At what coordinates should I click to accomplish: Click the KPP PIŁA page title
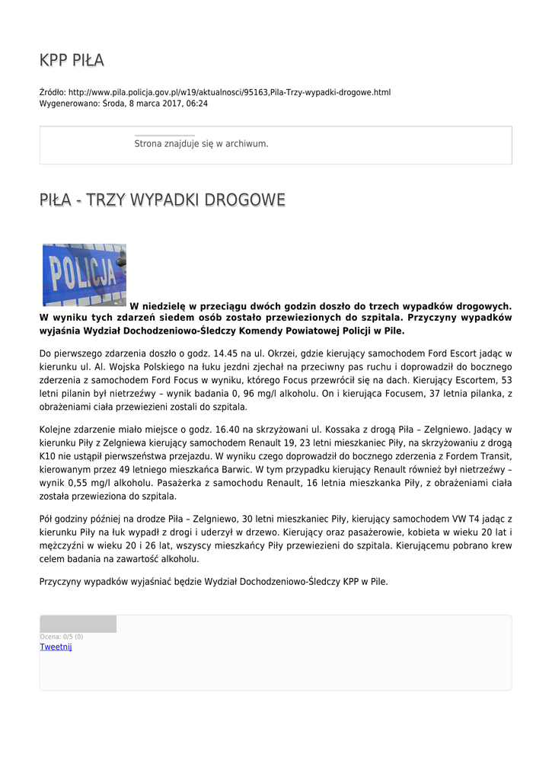pos(72,60)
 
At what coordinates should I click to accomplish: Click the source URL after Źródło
pos(229,92)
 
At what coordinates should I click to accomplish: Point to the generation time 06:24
pos(196,104)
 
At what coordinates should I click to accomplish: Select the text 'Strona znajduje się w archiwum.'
pos(201,143)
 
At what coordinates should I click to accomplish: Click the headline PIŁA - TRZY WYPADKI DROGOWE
pos(162,200)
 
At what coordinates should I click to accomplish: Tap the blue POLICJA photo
pos(84,274)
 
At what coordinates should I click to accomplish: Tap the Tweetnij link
pos(56,647)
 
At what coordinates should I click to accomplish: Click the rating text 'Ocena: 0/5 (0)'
pos(61,637)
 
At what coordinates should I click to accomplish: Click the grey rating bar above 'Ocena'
pos(78,624)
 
